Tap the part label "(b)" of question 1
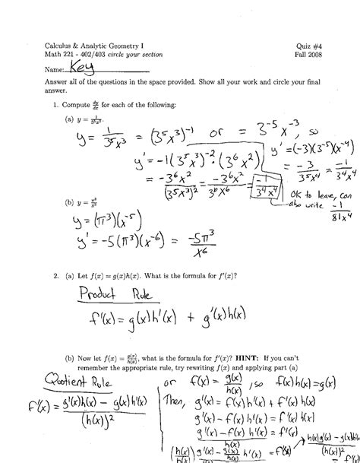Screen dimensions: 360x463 (x=69, y=203)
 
